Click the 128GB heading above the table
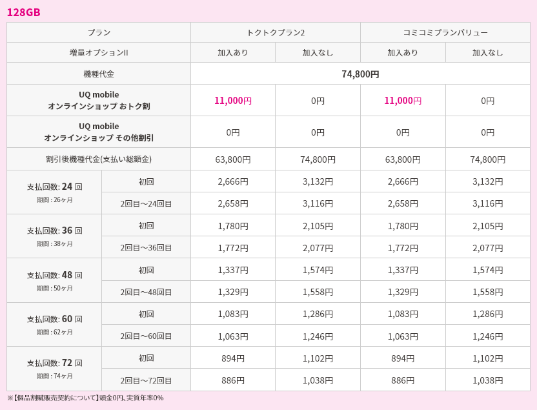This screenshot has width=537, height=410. click(23, 12)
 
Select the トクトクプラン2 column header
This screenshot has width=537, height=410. click(276, 32)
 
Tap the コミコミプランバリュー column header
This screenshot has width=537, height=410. click(445, 32)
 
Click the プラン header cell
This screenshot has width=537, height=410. click(99, 32)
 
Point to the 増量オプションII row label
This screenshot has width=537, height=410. click(99, 52)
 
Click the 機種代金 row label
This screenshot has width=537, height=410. click(99, 74)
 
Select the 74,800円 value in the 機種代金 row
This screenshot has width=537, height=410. click(360, 74)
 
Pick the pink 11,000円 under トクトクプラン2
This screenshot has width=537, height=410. click(233, 100)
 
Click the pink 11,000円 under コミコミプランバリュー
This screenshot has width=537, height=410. click(403, 100)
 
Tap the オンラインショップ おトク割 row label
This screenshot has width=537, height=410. click(99, 106)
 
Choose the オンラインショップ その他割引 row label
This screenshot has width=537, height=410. click(99, 138)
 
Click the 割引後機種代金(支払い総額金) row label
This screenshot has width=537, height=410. click(99, 159)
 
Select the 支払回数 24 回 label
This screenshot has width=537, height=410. click(55, 187)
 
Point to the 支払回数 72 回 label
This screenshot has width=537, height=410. click(55, 363)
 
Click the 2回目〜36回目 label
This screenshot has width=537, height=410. click(146, 247)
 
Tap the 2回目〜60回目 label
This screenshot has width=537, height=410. click(146, 336)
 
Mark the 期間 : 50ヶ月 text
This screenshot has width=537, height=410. click(55, 288)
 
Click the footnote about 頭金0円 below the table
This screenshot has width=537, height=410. click(85, 398)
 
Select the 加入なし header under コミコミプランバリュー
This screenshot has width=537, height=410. click(487, 52)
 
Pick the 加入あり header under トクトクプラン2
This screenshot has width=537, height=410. click(233, 52)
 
